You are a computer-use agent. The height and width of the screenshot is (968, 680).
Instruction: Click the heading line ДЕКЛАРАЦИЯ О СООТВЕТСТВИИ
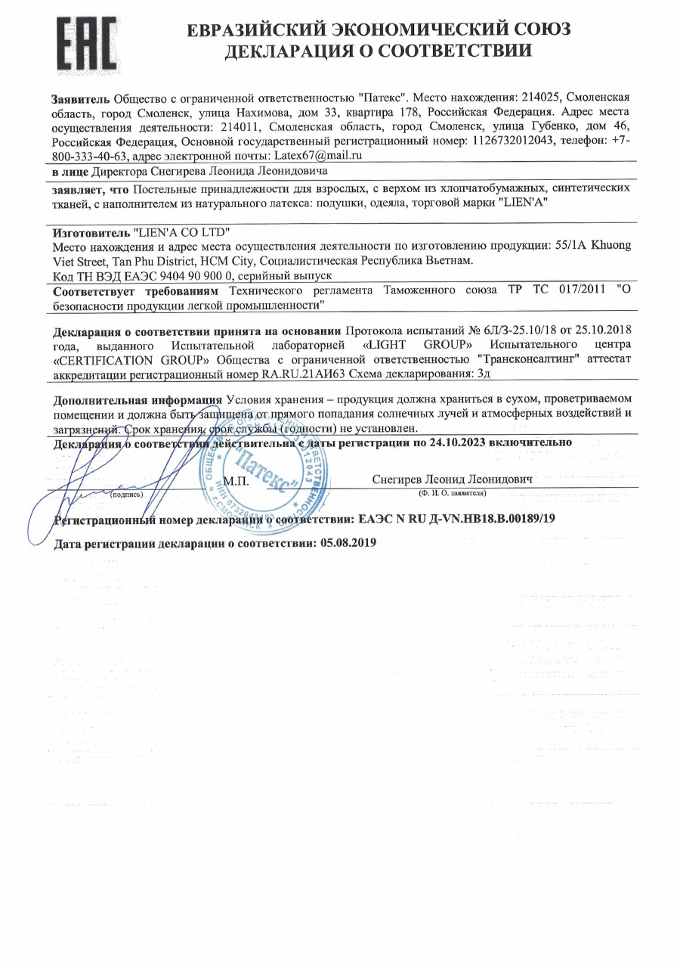[x=378, y=51]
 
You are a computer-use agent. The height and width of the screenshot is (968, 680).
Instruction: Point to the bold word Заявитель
[x=81, y=98]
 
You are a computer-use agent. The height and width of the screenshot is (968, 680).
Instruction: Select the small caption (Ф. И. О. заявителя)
[x=453, y=493]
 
